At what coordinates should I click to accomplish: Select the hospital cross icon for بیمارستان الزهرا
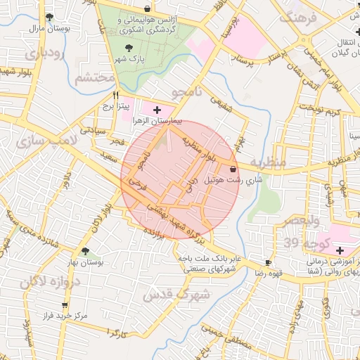click(x=156, y=110)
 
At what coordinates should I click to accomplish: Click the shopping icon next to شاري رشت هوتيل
click(x=233, y=168)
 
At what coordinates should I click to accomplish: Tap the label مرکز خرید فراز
click(x=64, y=316)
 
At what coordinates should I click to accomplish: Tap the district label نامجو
click(x=187, y=92)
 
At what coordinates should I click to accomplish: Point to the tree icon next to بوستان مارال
click(x=49, y=17)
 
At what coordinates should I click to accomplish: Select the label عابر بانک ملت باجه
click(x=210, y=258)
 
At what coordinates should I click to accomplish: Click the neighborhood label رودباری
click(x=44, y=53)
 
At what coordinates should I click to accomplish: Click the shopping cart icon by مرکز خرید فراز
click(x=65, y=305)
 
